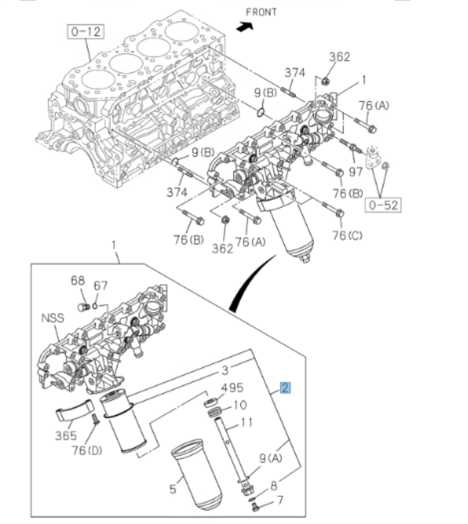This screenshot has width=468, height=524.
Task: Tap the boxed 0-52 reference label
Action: coord(383,205)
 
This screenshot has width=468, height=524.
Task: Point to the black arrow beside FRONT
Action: coord(246,26)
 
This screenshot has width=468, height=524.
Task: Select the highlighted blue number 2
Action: coord(285,388)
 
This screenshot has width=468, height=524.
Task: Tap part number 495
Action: coord(232,387)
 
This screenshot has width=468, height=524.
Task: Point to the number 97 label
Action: coord(356,172)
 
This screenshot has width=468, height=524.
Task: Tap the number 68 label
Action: coord(78,282)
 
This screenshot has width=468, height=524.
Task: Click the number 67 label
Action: coord(100,286)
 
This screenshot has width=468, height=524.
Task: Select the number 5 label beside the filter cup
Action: coord(173,489)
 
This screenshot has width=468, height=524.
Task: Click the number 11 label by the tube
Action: coord(246,422)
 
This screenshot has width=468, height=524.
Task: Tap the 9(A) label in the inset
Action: coord(270,458)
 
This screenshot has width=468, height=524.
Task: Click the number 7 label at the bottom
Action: coord(279,499)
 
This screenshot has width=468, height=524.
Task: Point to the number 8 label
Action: coord(275,487)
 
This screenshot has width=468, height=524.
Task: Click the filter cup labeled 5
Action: coord(196,474)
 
